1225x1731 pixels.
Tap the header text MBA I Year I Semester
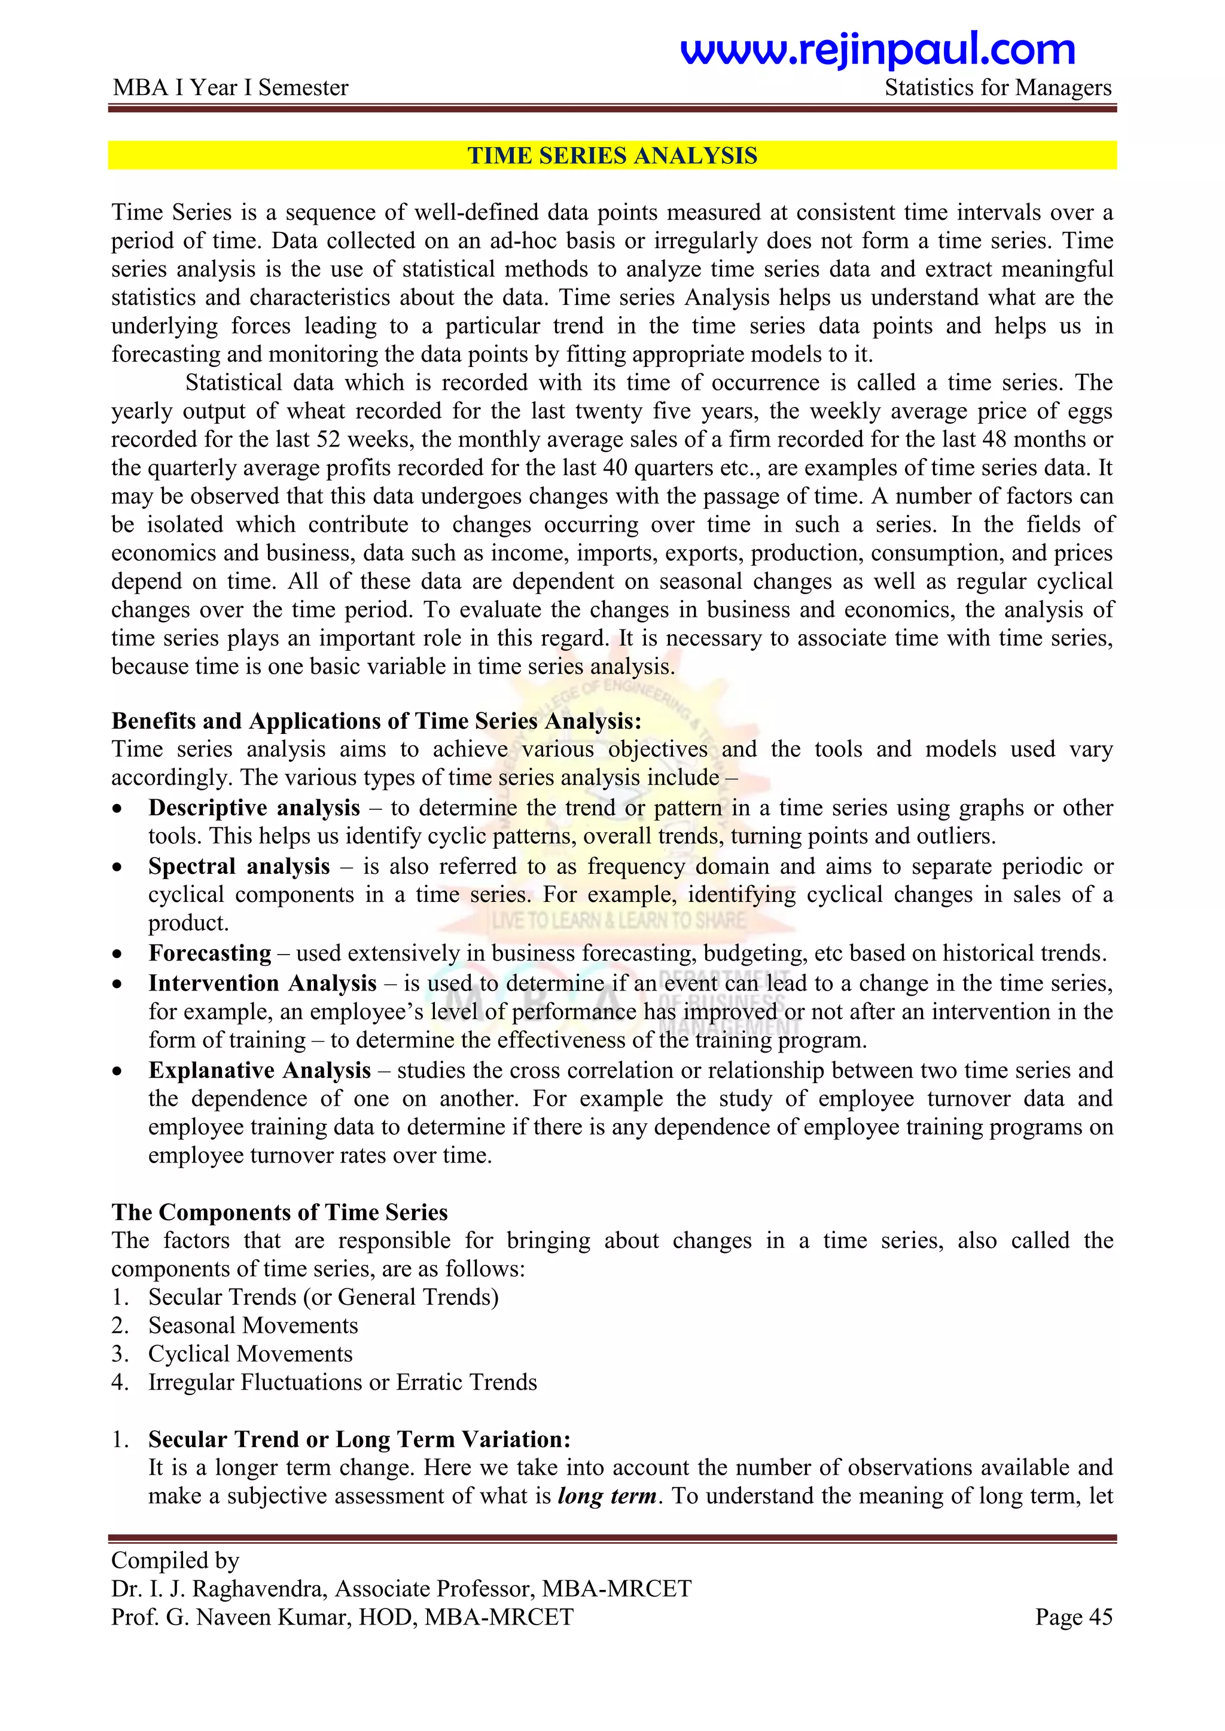coord(230,88)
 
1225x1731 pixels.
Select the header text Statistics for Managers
coord(997,88)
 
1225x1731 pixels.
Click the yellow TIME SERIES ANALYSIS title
coord(612,155)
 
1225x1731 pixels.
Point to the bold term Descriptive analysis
coord(254,808)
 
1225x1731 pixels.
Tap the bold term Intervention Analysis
coord(262,983)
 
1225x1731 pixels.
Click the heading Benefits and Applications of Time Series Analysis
coord(376,721)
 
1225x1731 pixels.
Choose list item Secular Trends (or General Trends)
coord(323,1298)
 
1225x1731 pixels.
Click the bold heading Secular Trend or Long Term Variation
coord(359,1439)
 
